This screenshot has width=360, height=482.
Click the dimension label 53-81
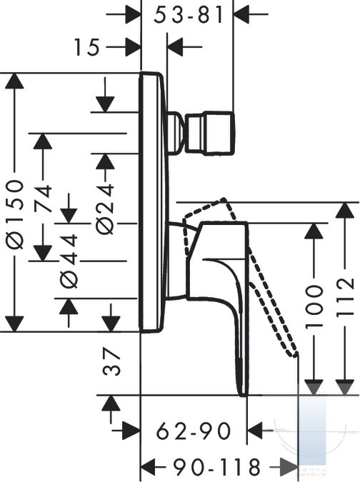click(189, 15)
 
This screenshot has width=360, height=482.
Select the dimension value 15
click(87, 47)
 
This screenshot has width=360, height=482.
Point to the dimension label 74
click(42, 199)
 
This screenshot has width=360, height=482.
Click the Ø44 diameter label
click(69, 261)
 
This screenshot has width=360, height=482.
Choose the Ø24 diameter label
click(105, 209)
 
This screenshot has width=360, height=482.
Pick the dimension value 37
click(111, 362)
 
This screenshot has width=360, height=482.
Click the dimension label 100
click(314, 306)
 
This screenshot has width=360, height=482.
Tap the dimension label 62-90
click(194, 431)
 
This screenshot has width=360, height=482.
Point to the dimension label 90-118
click(217, 467)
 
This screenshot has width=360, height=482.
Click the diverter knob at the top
click(210, 133)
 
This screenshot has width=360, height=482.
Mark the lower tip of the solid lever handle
click(244, 395)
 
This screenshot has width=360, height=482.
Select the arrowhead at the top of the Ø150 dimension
click(14, 81)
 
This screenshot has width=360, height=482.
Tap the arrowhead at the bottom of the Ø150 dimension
click(14, 323)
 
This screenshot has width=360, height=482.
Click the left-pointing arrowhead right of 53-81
click(242, 14)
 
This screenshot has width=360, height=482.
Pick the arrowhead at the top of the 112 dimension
click(344, 210)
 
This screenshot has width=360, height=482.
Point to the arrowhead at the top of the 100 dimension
click(314, 231)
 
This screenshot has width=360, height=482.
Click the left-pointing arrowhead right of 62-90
click(255, 431)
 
